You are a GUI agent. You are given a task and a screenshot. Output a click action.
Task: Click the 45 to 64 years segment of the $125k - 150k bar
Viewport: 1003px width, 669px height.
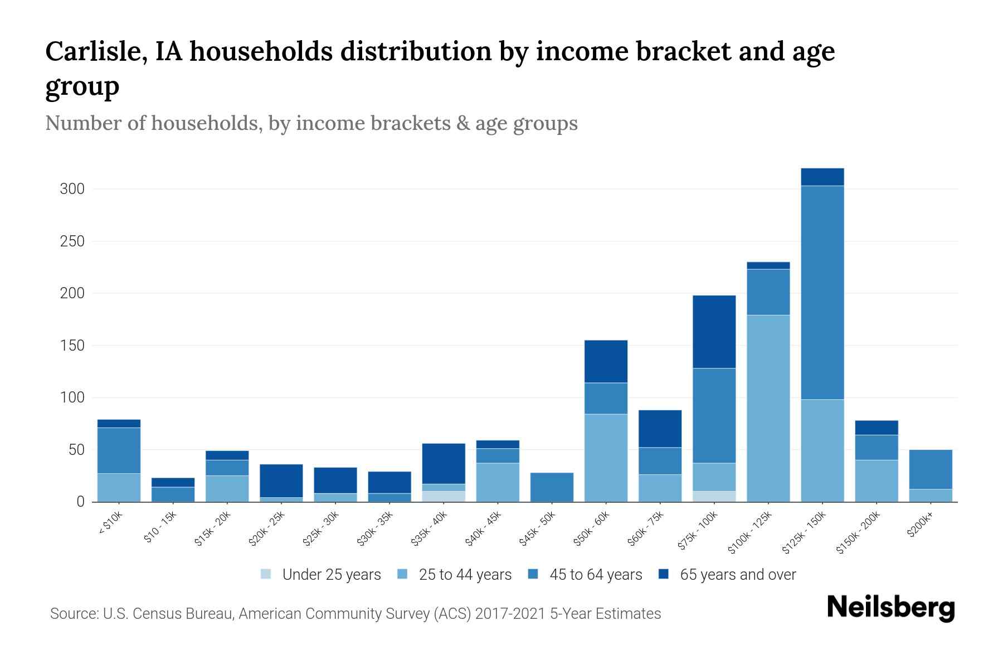point(822,292)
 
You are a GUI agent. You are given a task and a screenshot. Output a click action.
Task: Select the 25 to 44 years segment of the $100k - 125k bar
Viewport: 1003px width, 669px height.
point(768,408)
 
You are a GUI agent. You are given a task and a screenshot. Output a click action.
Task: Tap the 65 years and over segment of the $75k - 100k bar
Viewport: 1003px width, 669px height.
point(714,332)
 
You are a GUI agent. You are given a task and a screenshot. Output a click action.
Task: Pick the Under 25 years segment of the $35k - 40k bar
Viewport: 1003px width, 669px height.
point(444,496)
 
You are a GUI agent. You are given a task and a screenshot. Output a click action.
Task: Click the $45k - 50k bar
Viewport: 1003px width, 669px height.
point(552,487)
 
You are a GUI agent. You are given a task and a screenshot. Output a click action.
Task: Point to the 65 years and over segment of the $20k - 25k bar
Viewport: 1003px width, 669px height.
point(281,481)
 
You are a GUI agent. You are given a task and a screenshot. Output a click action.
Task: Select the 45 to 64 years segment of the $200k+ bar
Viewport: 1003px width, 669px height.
point(930,469)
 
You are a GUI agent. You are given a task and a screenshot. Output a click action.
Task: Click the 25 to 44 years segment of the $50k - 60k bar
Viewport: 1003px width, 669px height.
point(606,458)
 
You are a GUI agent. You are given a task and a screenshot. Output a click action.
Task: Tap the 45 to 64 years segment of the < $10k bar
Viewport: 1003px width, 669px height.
point(119,450)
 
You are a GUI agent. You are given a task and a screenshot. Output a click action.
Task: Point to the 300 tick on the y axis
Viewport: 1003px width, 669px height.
point(72,189)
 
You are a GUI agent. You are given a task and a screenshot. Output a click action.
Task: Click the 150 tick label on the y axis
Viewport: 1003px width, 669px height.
point(72,346)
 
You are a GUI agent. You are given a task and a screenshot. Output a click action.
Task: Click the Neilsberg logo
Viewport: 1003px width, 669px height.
point(890,608)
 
